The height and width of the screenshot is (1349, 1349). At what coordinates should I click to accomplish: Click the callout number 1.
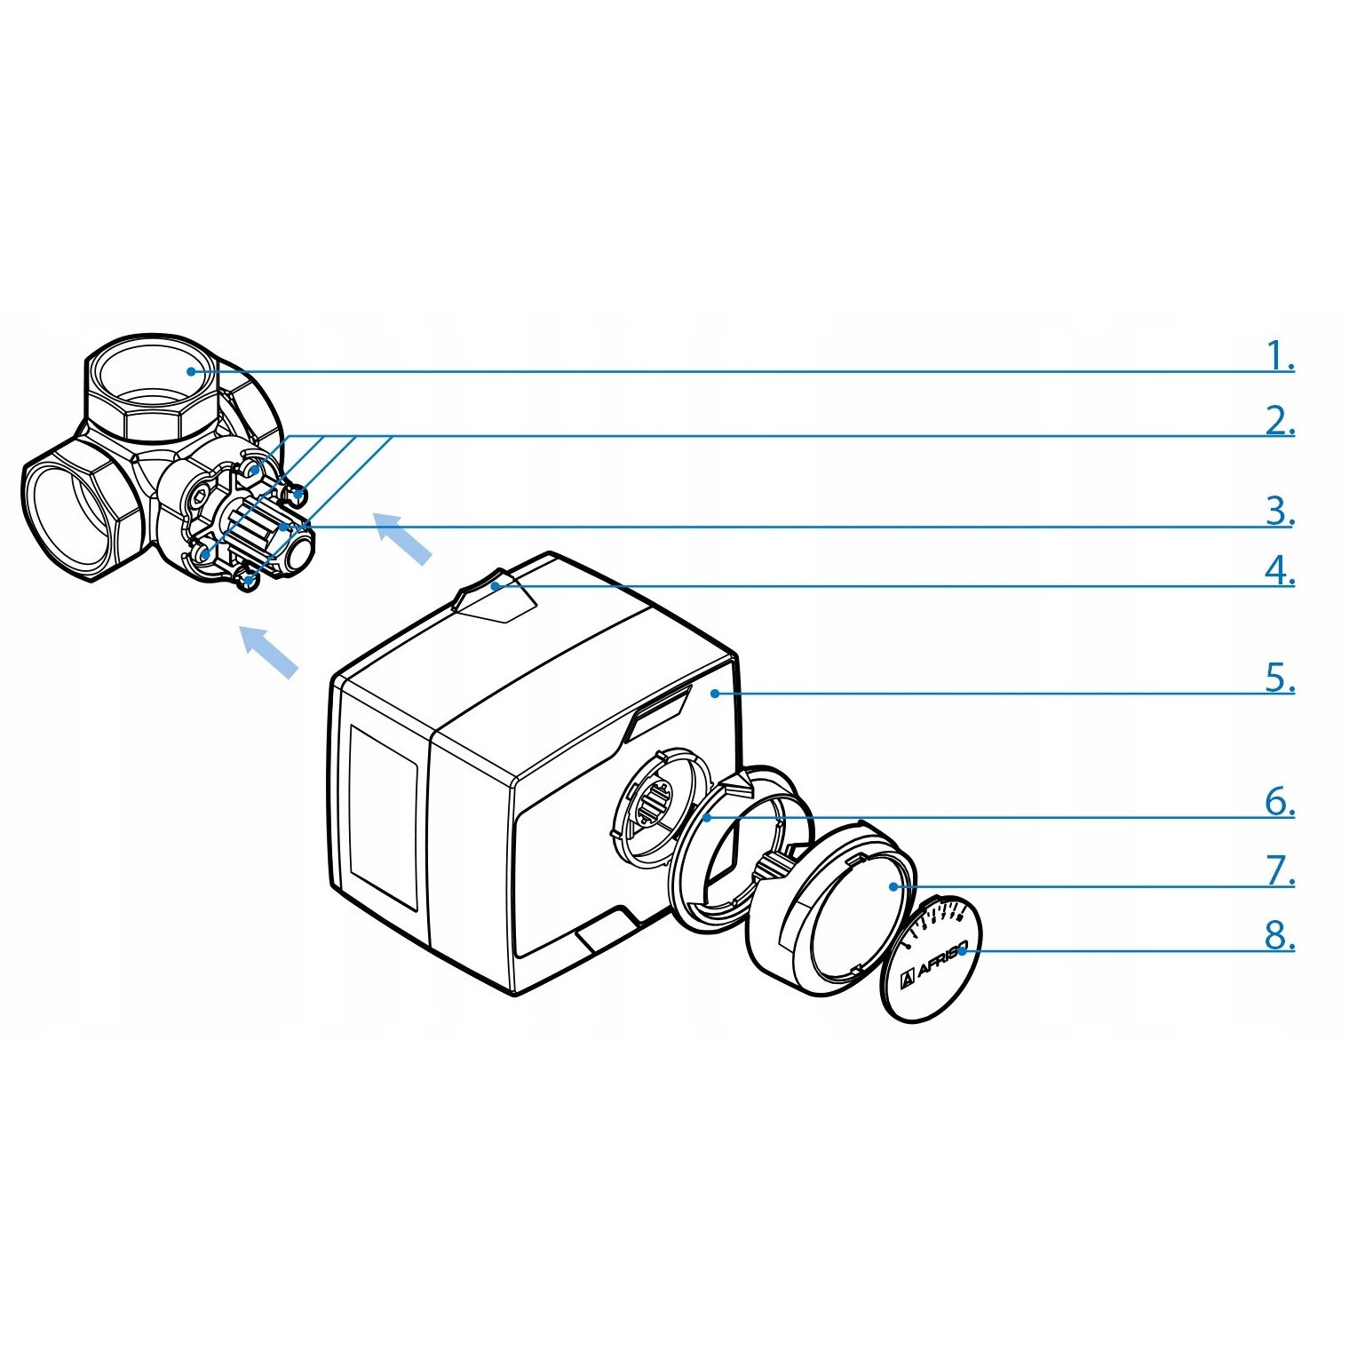coord(1280,356)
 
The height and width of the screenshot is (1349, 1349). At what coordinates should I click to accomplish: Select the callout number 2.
coord(1280,420)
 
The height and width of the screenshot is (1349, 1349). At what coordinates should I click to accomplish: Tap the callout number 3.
coord(1280,512)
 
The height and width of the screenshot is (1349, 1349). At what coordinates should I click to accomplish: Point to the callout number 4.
coord(1280,571)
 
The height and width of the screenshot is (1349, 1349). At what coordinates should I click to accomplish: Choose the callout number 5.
coord(1280,678)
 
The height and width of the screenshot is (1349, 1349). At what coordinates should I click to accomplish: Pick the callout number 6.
coord(1280,802)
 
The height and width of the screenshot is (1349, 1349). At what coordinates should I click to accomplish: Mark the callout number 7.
coord(1280,871)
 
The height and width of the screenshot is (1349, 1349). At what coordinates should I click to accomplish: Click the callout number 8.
coord(1280,935)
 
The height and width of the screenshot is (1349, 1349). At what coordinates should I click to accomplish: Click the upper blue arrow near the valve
coord(402,537)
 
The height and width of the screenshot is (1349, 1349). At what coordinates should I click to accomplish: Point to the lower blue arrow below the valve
coord(269,652)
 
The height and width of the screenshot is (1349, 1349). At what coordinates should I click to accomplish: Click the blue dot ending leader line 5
coord(715,694)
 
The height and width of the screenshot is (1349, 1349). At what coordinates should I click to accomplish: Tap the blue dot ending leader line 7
coord(893,886)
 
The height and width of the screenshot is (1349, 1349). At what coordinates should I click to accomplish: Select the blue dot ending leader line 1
coord(191,371)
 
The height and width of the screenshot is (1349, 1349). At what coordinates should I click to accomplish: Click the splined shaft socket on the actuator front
coord(658,805)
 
